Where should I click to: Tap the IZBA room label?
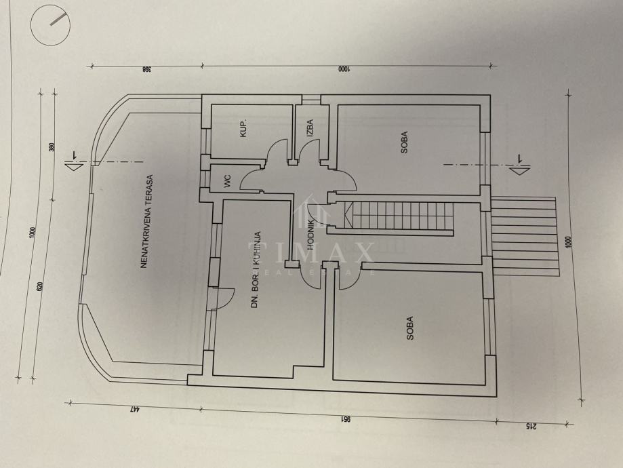coord(309,128)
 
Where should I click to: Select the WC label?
coord(227,181)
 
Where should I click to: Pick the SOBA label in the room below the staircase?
coord(410,328)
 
